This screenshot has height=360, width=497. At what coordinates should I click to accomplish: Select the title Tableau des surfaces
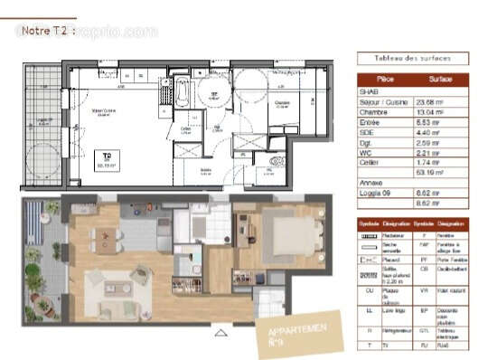(411, 59)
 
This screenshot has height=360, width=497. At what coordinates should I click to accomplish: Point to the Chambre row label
(373, 110)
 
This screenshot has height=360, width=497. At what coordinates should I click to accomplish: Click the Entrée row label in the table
(371, 121)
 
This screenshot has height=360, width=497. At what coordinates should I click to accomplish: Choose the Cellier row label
(371, 162)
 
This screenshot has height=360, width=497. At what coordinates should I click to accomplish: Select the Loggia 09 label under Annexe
(376, 193)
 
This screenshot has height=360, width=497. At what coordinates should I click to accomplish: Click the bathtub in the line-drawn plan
(183, 92)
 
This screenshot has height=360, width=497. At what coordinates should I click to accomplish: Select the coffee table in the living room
(110, 288)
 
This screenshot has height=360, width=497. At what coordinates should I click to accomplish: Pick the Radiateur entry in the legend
(399, 234)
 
